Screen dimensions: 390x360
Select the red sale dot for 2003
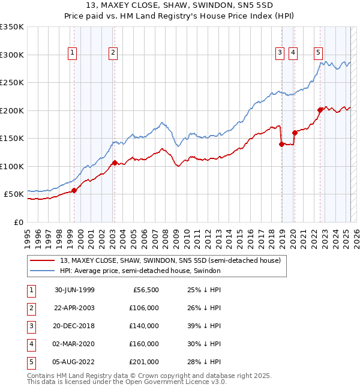pos(115,163)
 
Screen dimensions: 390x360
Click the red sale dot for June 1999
pos(74,190)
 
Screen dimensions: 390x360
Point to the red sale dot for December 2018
pos(281,144)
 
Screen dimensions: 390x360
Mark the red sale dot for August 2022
pos(320,110)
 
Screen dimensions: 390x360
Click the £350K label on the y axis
pos(12,27)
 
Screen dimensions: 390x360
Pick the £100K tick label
pos(12,166)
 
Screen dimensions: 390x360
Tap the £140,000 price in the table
pos(144,326)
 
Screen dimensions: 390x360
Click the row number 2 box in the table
pos(30,308)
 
